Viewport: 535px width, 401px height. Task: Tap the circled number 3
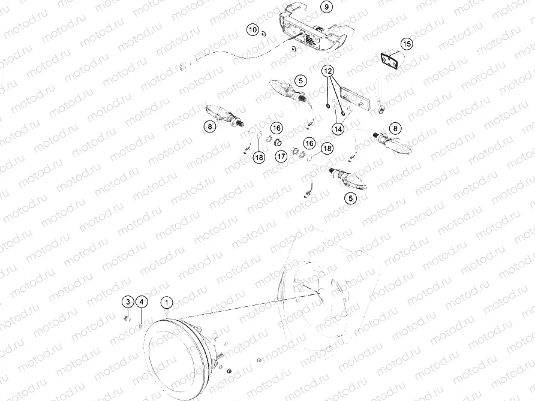coord(128,301)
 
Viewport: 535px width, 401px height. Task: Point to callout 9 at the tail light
coord(326,7)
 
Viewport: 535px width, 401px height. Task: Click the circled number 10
coord(253,29)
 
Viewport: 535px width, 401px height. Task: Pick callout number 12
coord(328,71)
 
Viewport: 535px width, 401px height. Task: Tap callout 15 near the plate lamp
coord(407,44)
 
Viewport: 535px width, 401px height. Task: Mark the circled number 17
coord(281,156)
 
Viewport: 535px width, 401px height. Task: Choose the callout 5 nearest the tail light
coord(300,79)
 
